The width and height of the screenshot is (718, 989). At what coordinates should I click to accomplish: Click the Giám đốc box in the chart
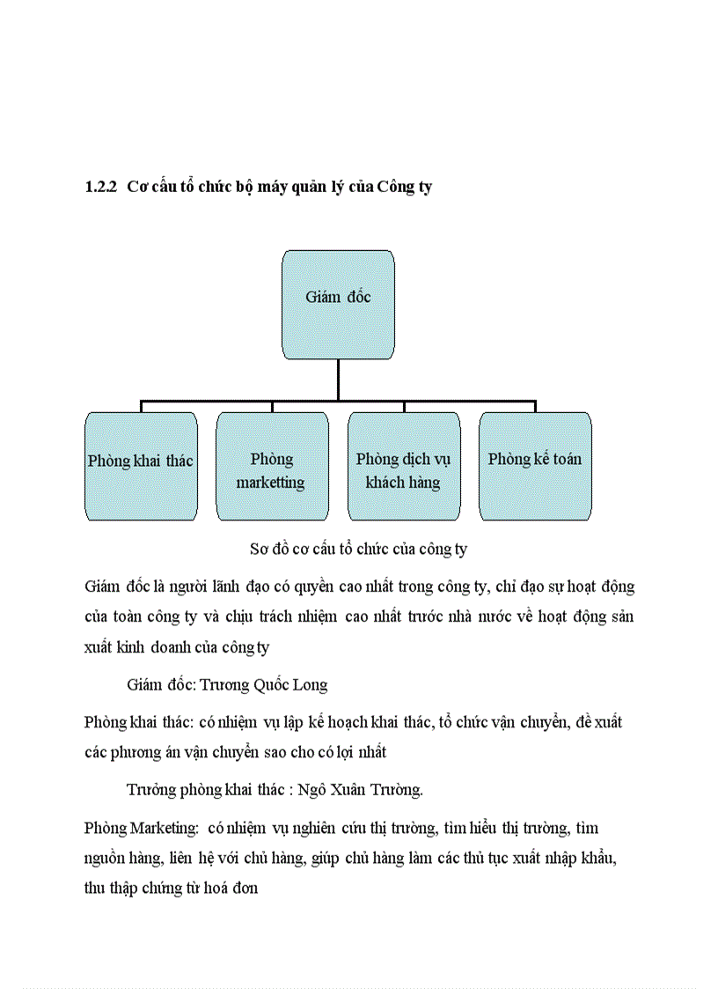338,305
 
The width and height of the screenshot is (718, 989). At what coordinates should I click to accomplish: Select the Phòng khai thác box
141,466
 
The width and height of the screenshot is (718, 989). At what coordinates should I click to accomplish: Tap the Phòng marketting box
272,466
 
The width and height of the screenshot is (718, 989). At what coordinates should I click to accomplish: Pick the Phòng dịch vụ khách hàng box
403,466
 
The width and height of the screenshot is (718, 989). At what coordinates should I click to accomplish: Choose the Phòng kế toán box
535,466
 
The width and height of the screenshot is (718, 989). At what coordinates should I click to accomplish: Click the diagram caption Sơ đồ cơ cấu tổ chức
359,549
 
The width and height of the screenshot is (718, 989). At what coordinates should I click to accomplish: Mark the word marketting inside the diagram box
270,483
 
